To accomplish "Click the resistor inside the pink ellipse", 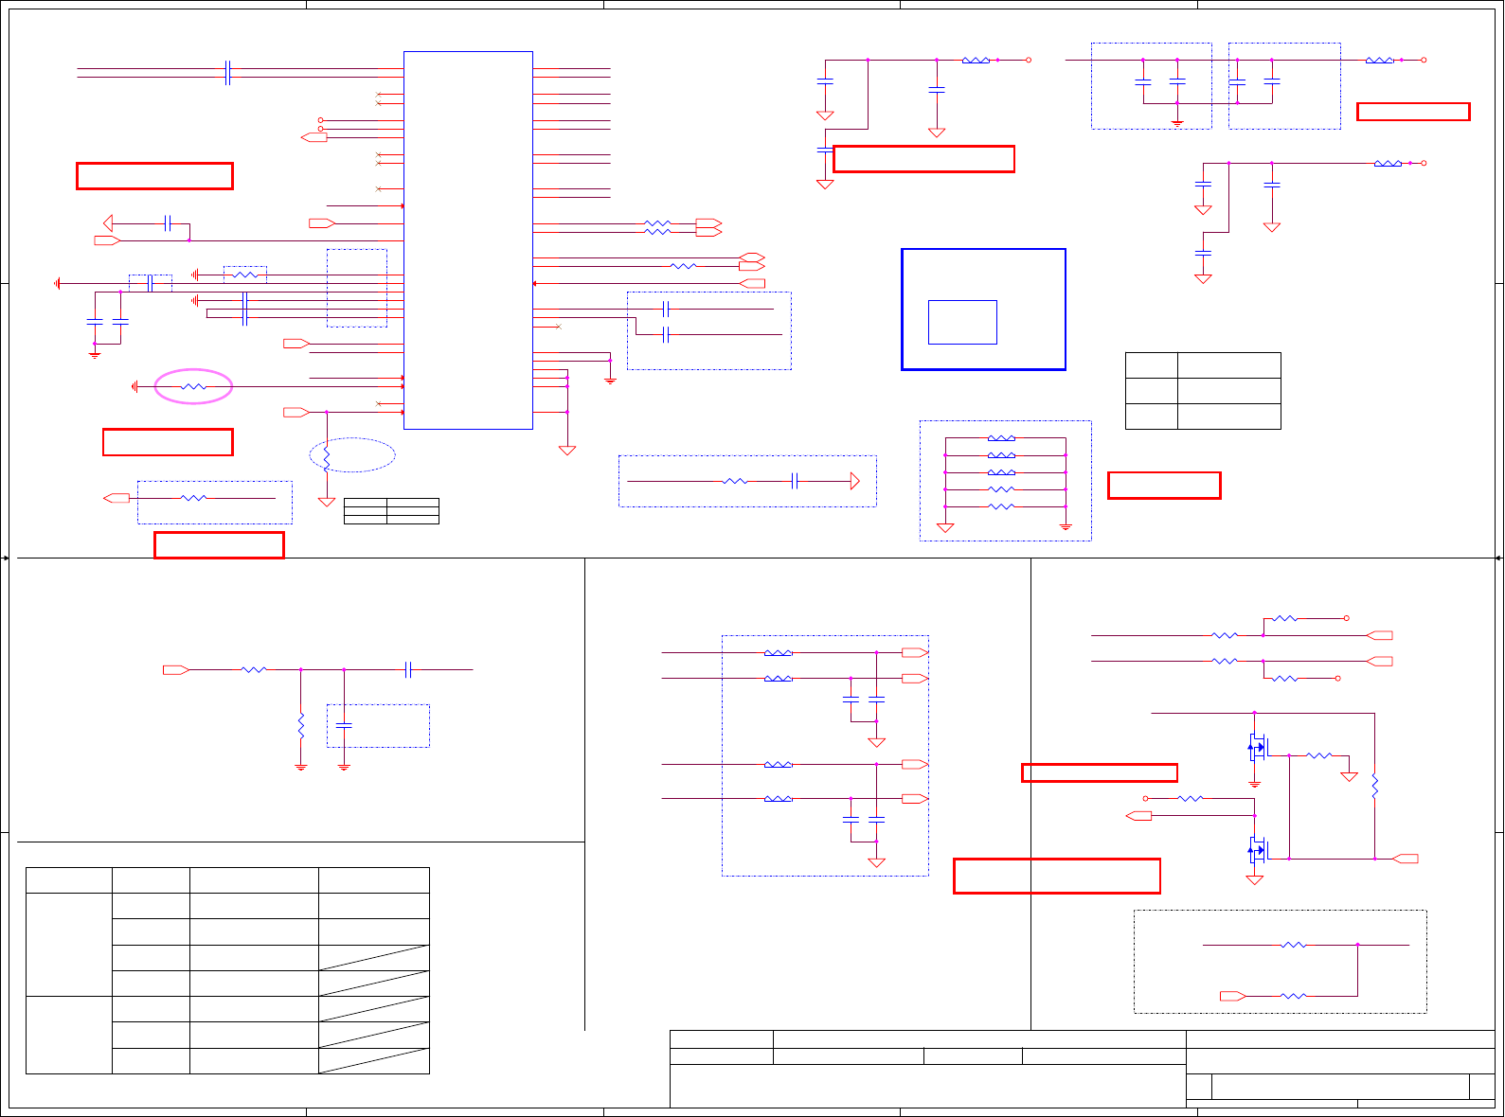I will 193,386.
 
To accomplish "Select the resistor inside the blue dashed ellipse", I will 327,459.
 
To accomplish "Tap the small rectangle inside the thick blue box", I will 962,322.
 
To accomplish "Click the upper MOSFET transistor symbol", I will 1257,747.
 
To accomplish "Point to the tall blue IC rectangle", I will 468,240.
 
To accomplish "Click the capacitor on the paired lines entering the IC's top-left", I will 227,72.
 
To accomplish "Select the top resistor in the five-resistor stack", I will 1001,438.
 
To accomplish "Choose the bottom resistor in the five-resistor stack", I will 1001,506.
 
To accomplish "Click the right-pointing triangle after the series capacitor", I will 854,481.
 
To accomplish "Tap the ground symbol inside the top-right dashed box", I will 1177,121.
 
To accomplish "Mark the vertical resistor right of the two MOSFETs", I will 1374,786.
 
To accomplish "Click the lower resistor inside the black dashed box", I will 1293,996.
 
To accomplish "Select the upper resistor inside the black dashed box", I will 1293,945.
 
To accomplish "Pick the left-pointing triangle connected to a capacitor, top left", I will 108,223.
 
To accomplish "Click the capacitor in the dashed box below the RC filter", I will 344,725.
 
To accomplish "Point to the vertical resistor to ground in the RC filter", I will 301,727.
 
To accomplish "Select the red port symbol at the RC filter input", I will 175,670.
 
